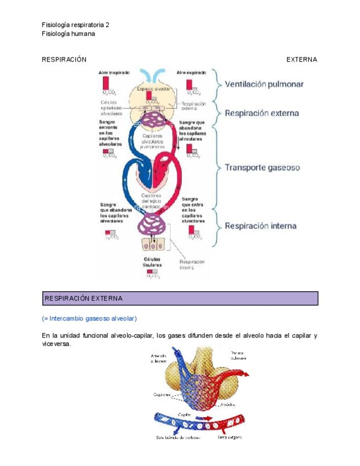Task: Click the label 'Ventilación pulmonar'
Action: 264,85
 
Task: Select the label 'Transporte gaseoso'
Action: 262,168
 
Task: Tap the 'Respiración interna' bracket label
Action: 261,226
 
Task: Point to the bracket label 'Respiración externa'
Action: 262,114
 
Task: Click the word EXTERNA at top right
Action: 301,59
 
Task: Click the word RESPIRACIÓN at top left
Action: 64,59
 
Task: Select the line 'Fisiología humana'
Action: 68,34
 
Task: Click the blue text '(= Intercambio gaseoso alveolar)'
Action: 89,319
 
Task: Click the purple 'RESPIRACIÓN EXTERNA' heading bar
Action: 180,298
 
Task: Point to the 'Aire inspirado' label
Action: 114,73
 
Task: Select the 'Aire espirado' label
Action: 191,73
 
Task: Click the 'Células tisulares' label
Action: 152,262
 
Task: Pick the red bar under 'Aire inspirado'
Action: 105,84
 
